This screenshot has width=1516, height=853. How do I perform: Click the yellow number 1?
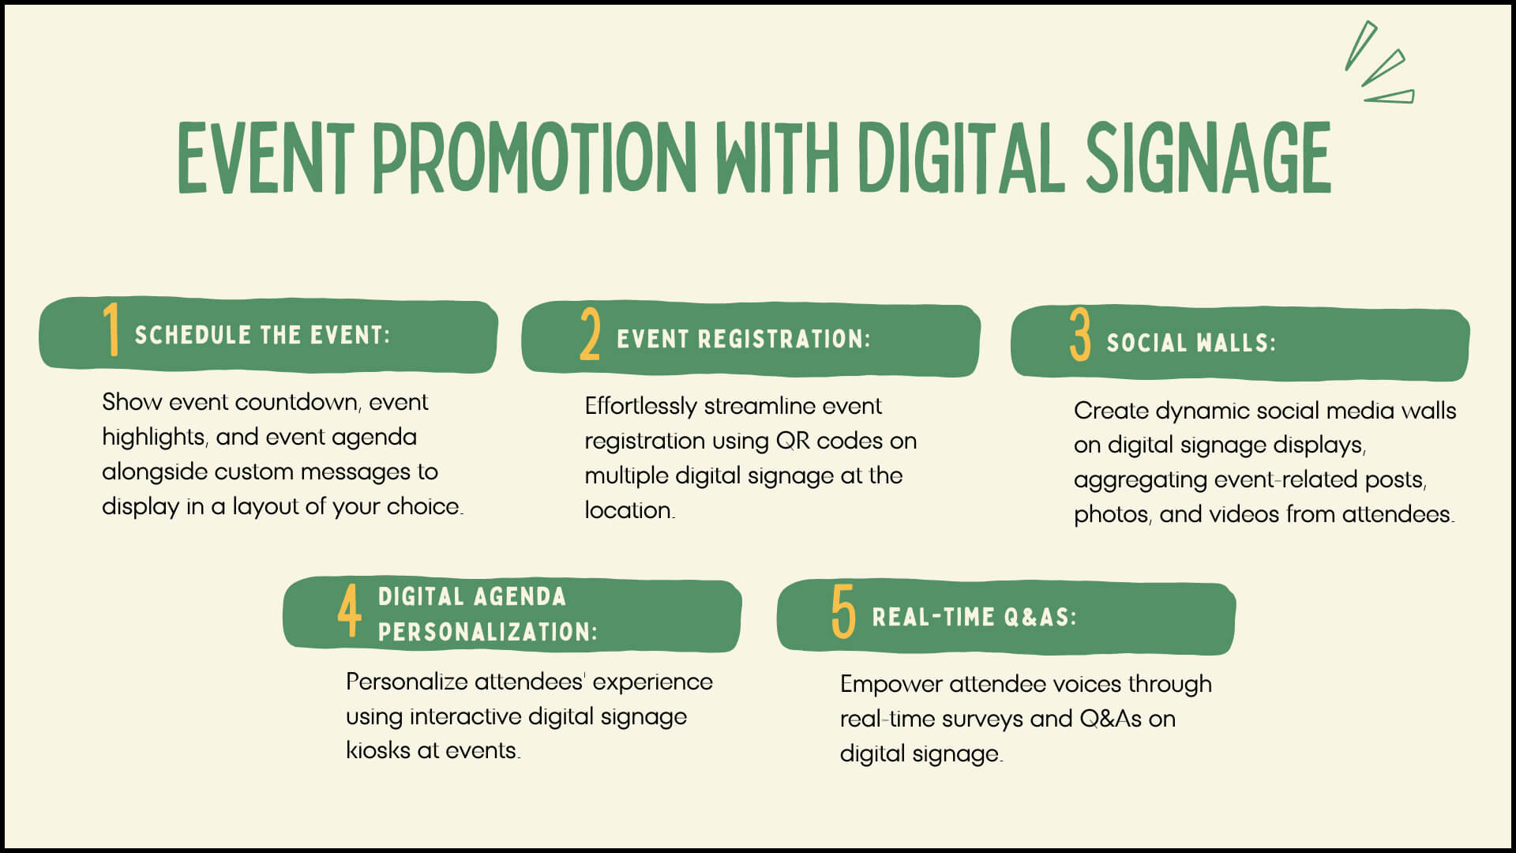click(x=111, y=329)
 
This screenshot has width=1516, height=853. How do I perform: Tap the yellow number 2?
click(x=590, y=335)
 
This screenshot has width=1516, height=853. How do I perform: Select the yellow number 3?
click(x=1080, y=336)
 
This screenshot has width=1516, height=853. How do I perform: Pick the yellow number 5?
click(x=843, y=611)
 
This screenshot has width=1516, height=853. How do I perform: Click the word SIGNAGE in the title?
click(x=1208, y=157)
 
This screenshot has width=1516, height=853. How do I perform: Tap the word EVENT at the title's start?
click(x=265, y=157)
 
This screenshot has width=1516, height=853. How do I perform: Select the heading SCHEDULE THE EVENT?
click(x=262, y=335)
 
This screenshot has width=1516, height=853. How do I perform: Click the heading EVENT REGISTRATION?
click(x=743, y=339)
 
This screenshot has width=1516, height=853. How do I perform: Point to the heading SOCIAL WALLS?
click(x=1191, y=343)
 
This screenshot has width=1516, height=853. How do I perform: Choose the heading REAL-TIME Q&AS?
click(x=974, y=617)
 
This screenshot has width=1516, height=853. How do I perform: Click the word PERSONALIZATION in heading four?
click(x=487, y=632)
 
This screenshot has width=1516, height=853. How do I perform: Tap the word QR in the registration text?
click(x=793, y=441)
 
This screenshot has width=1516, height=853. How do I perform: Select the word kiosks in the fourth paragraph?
click(x=377, y=750)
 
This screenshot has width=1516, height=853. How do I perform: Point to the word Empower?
click(x=891, y=684)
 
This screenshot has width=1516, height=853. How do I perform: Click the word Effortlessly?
click(x=640, y=406)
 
